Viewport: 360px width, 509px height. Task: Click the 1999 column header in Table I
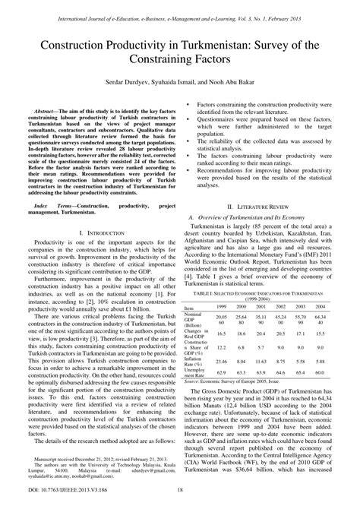(x=221, y=306)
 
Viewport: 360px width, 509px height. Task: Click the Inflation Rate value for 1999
(x=221, y=361)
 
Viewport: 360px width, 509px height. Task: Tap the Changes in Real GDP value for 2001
(x=261, y=334)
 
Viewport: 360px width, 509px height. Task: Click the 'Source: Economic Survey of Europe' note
(x=235, y=384)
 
